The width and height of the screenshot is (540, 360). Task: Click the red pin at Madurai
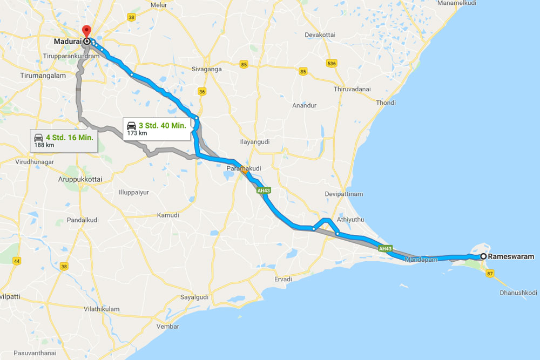pos(85,31)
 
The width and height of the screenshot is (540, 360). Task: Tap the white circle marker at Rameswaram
pos(483,257)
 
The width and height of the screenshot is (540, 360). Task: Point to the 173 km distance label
pos(136,133)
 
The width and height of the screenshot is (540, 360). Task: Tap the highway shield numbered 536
pos(332,63)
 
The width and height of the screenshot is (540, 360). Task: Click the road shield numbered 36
pos(202,91)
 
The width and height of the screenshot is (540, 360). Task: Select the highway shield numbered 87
pos(490,274)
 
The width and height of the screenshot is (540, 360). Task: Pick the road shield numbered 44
pos(17,261)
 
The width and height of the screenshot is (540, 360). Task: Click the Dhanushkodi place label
pos(519,293)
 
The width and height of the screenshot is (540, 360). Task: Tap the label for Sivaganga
pos(208,69)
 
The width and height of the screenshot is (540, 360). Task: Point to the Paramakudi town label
pos(243,168)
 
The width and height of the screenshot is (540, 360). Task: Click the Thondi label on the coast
pos(386,103)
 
